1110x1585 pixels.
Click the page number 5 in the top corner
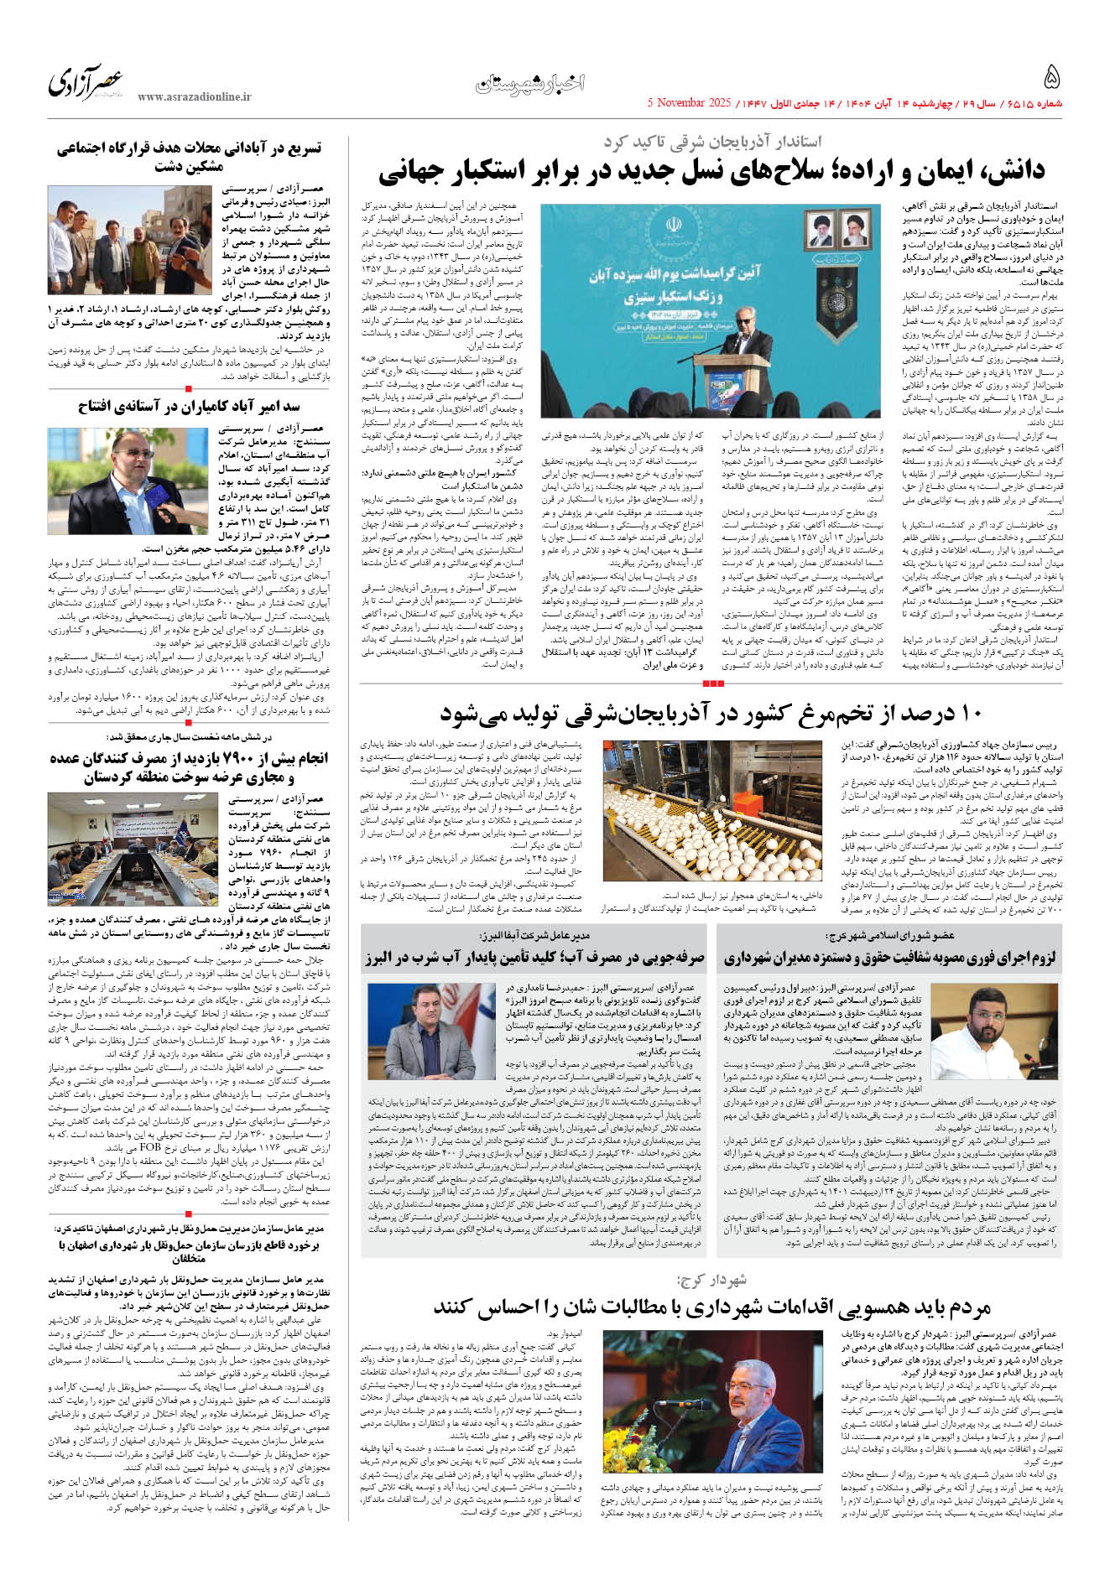click(1051, 78)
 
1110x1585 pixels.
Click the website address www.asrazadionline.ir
click(194, 97)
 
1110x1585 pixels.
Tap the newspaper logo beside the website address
click(85, 82)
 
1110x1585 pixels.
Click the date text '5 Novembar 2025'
click(690, 103)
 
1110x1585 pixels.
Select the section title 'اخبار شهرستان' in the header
click(530, 83)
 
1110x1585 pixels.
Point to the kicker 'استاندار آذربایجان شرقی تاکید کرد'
click(712, 142)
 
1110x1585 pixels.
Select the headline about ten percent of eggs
click(711, 715)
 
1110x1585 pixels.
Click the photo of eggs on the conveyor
click(712, 810)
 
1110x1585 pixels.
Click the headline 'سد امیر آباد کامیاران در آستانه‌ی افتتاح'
click(189, 407)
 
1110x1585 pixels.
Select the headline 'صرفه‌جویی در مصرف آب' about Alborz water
click(534, 957)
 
